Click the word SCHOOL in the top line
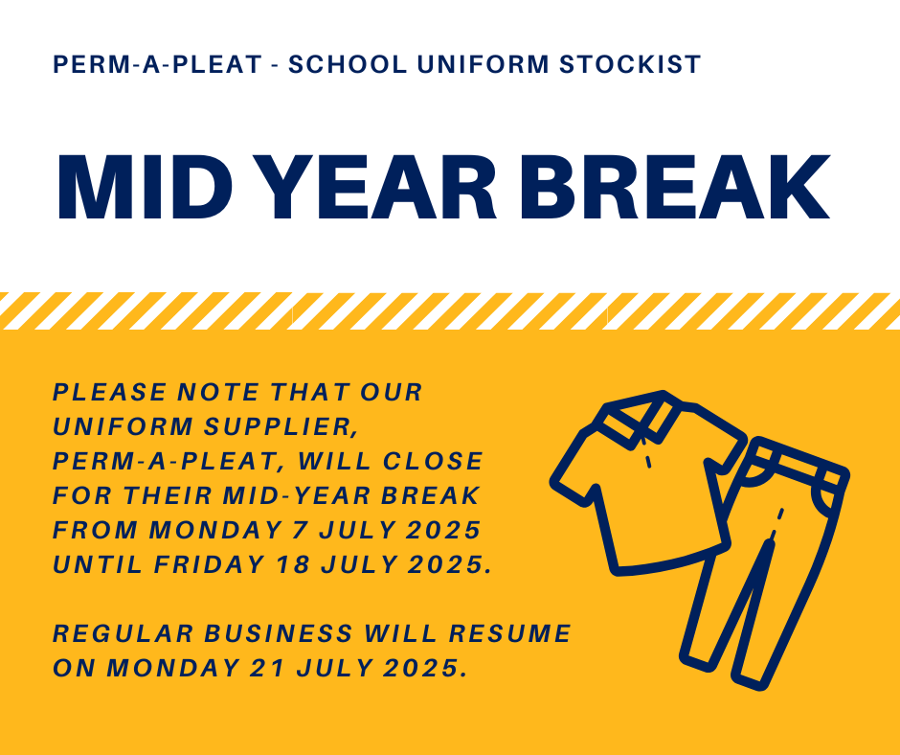[348, 64]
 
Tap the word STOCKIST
[630, 64]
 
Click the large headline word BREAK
[674, 188]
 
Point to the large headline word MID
[144, 188]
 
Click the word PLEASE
[110, 393]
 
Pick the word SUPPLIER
[281, 427]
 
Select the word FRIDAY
[210, 565]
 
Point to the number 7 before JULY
[300, 531]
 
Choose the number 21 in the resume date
[267, 668]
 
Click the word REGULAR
[123, 633]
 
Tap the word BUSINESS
[279, 633]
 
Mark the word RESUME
[509, 633]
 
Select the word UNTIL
[98, 565]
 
